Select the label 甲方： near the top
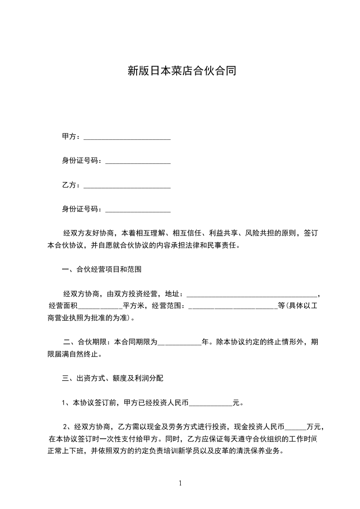[x=72, y=137]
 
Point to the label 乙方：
[x=72, y=185]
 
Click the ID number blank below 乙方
[x=138, y=210]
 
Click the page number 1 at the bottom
[x=181, y=483]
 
